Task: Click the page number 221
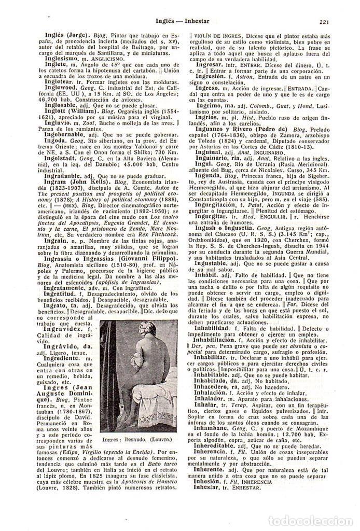pyautogui.click(x=325, y=22)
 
